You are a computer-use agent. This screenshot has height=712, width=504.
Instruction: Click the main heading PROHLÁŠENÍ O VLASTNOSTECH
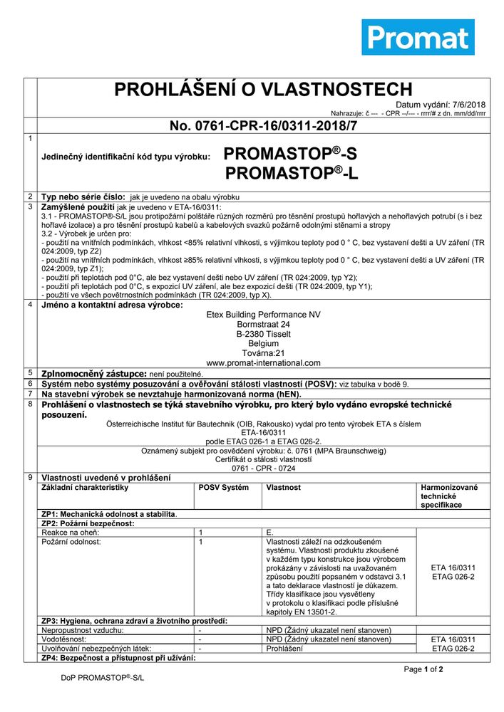[263, 89]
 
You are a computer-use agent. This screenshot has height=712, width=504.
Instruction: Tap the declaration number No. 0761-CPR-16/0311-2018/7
[263, 126]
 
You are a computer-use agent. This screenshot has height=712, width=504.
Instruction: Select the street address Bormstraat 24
[263, 324]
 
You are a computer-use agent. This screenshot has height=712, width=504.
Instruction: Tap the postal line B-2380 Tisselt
[263, 333]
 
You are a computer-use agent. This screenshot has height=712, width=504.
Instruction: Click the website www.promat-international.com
[263, 362]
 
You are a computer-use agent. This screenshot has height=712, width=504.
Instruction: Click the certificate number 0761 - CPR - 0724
[263, 469]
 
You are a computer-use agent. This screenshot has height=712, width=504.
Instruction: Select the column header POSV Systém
[223, 488]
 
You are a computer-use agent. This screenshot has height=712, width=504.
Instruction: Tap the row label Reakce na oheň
[70, 533]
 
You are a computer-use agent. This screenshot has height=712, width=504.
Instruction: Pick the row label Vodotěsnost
[66, 639]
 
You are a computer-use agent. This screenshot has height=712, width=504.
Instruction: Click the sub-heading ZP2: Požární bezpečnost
[88, 523]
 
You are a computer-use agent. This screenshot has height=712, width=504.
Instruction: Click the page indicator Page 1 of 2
[423, 669]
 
